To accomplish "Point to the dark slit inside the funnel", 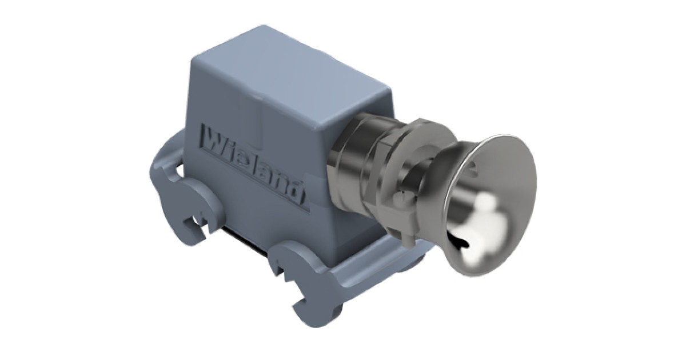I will (461, 240).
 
